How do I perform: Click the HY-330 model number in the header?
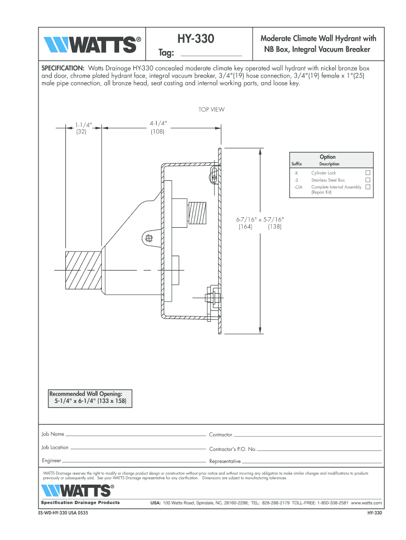(x=196, y=38)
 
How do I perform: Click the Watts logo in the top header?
(x=92, y=45)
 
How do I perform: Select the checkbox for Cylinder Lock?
(x=368, y=172)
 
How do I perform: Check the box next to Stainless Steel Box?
(x=368, y=180)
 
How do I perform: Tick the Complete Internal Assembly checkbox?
(x=368, y=187)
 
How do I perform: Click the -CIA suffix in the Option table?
(x=298, y=187)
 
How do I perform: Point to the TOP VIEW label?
(x=211, y=110)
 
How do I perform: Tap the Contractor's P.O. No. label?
(x=233, y=449)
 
